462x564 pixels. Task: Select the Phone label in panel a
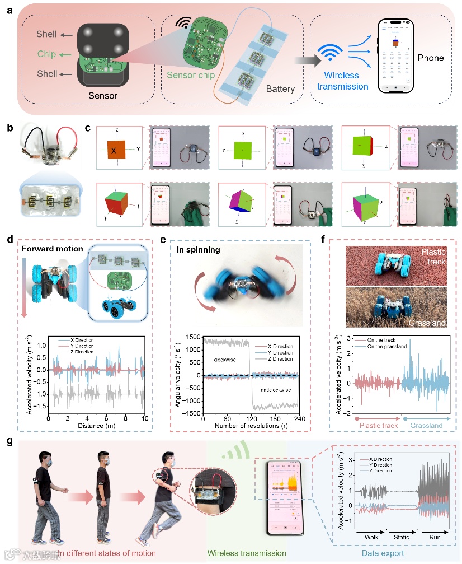(x=430, y=58)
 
